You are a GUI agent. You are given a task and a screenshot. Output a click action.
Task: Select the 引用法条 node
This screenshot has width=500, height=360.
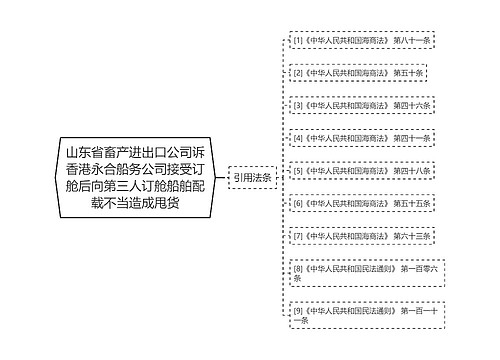pos(251,177)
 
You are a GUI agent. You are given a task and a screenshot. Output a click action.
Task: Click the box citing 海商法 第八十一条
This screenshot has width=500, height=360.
pos(361,41)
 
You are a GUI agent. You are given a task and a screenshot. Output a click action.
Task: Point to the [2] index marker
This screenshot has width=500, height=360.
pos(297,73)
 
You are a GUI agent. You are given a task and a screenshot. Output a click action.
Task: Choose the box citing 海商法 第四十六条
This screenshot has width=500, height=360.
pos(361,105)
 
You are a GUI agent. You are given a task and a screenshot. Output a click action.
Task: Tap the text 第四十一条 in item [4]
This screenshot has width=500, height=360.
pos(412,138)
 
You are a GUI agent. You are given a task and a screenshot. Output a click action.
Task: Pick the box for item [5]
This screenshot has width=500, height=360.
pos(361,171)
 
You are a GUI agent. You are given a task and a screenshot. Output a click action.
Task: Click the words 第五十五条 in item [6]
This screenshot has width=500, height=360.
pos(412,204)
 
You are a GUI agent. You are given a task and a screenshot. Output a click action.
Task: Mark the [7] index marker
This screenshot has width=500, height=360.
pos(297,236)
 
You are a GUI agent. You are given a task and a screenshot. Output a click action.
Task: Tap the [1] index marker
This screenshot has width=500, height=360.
pos(297,41)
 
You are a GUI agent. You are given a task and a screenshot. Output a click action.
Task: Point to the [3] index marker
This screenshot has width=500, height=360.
pos(297,105)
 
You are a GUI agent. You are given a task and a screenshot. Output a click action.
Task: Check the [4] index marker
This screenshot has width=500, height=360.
pos(297,138)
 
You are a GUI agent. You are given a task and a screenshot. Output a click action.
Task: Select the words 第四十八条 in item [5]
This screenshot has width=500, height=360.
pos(412,171)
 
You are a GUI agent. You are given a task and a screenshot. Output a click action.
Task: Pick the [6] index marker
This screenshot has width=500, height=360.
pos(297,204)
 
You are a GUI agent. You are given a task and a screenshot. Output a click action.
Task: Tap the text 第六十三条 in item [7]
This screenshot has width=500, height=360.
pos(412,236)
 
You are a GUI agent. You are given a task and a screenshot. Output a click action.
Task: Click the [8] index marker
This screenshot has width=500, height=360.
pos(297,268)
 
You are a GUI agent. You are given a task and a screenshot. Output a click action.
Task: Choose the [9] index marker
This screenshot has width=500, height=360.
pos(297,310)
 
